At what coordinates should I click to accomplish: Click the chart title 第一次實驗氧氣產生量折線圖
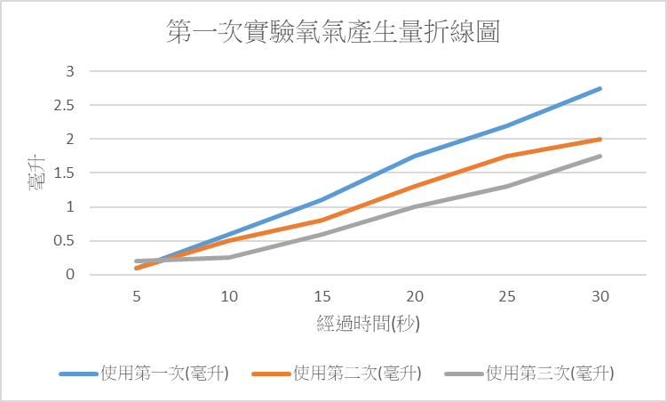point(333,33)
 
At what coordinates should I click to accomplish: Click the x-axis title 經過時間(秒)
point(368,323)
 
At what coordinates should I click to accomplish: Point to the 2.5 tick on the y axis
point(69,105)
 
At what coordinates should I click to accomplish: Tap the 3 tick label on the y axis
point(72,71)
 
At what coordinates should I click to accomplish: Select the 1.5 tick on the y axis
point(69,173)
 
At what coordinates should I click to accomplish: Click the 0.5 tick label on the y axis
point(69,241)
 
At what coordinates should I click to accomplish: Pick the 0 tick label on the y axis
point(72,275)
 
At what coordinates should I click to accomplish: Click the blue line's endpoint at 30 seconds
point(600,88)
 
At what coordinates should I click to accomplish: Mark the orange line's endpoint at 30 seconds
point(600,139)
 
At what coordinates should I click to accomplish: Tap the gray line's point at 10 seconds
point(229,258)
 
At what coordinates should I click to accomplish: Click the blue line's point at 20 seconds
point(415,156)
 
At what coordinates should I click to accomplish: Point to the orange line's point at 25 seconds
point(507,156)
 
